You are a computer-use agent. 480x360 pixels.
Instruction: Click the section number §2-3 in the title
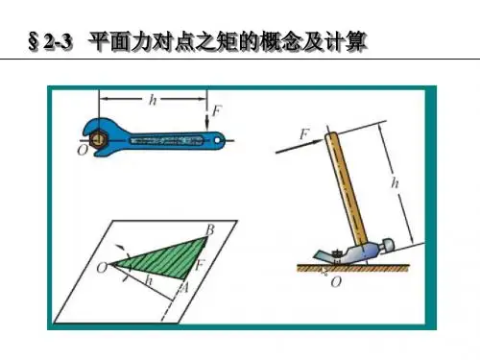50,42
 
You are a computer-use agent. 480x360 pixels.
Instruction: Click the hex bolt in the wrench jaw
99,139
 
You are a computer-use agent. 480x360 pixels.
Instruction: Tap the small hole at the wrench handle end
218,140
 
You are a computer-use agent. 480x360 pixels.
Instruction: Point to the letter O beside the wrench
83,150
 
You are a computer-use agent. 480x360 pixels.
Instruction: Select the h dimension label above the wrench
153,100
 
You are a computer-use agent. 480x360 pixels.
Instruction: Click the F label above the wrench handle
217,111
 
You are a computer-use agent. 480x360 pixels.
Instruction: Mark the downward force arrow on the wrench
207,118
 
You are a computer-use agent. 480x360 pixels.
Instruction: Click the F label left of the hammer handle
304,133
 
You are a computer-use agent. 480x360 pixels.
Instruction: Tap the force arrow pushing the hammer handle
300,146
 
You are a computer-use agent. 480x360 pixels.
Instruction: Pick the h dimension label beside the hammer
396,183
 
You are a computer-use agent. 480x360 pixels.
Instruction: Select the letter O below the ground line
336,282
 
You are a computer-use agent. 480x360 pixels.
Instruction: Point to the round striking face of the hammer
389,245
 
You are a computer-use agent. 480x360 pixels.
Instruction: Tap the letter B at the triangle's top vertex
210,229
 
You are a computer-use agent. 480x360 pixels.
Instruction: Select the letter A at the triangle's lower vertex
183,288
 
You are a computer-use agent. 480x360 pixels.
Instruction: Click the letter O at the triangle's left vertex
103,267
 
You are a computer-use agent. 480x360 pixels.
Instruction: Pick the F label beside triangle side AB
200,265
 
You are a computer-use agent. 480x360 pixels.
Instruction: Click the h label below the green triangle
149,280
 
